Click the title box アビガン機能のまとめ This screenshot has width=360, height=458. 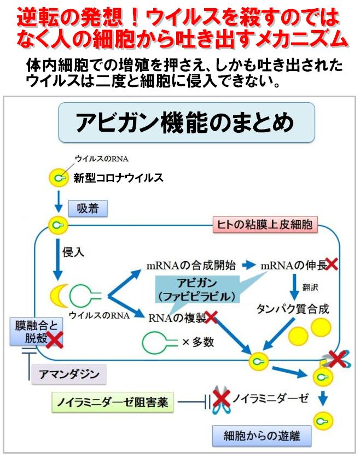187,124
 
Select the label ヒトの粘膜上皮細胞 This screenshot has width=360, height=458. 265,224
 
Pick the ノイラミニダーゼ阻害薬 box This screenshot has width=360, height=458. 113,403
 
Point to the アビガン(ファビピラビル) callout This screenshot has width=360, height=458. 197,290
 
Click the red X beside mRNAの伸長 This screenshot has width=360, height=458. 331,265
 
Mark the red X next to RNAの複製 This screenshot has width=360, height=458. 211,316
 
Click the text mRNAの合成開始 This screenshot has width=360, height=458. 191,266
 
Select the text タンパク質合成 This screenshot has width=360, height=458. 292,309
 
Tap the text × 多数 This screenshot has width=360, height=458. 198,342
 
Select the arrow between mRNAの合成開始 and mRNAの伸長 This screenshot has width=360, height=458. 249,266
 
